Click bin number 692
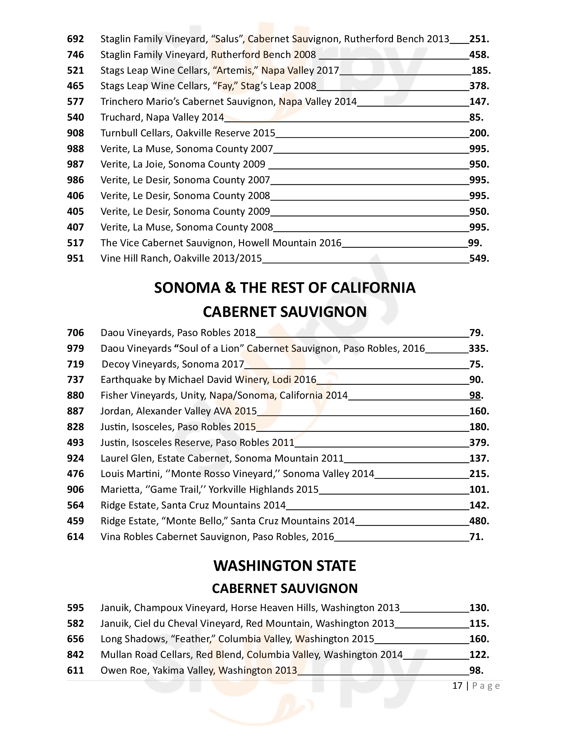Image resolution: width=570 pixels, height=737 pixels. pos(75,39)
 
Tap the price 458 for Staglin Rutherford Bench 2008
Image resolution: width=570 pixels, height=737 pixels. pos(478,55)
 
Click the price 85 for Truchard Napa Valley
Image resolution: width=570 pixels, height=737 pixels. pos(476,118)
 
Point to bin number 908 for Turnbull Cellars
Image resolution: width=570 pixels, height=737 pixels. pos(75,133)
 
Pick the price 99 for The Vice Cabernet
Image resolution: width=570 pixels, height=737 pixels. pos(474,243)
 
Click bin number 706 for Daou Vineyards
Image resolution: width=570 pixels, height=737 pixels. pos(75,333)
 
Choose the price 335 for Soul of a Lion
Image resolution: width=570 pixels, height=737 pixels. pos(478,349)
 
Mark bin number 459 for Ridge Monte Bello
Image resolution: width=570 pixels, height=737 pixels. pos(75,521)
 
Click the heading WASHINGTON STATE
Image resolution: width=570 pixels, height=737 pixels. pos(285,566)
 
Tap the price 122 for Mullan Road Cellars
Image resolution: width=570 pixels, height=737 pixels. pos(478,655)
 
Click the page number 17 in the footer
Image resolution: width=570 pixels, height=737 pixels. pos(457,686)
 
